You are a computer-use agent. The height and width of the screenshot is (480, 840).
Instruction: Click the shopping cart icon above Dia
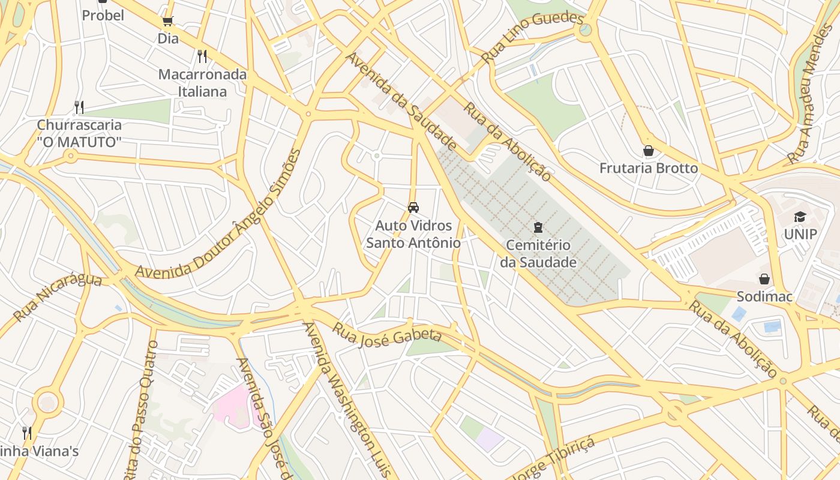[x=167, y=22]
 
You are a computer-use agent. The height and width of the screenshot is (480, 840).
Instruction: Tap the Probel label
[x=103, y=15]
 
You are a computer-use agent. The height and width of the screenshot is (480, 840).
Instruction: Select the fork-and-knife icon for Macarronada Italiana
[x=202, y=56]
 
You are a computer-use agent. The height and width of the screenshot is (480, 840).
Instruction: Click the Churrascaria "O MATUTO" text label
[x=79, y=133]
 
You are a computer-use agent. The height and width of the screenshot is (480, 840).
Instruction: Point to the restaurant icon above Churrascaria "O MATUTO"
[x=79, y=107]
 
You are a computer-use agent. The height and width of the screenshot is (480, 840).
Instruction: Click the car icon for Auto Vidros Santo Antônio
[x=413, y=208]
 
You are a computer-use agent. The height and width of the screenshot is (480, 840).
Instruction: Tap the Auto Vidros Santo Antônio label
[x=413, y=234]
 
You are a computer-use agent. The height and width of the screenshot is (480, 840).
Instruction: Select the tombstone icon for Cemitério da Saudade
[x=538, y=227]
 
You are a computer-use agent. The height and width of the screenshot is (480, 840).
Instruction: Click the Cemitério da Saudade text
[x=538, y=254]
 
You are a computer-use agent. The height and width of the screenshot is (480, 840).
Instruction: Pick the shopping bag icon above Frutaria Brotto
[x=648, y=151]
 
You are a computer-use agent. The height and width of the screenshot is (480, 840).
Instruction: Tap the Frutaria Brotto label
[x=649, y=168]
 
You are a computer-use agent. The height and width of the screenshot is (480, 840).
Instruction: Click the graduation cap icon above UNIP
[x=800, y=217]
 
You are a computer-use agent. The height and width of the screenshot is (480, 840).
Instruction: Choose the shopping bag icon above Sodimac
[x=764, y=279]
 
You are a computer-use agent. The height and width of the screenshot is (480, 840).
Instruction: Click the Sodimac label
[x=764, y=296]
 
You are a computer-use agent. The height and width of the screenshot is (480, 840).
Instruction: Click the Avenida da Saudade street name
[x=401, y=101]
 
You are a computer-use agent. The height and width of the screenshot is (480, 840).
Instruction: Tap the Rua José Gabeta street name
[x=387, y=334]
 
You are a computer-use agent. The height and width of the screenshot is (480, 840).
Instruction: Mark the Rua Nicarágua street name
[x=58, y=296]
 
